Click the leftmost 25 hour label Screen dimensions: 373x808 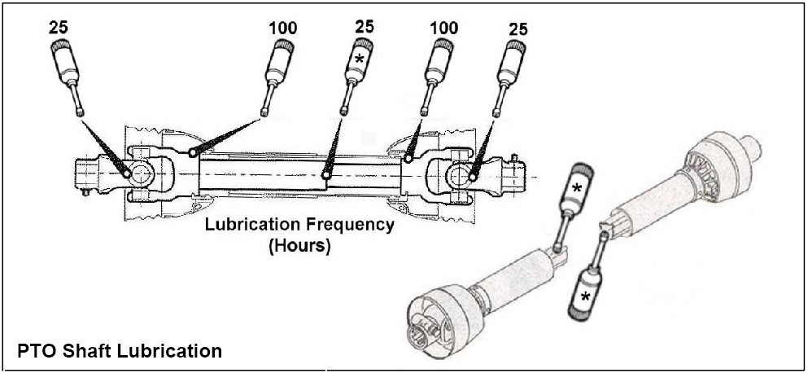tap(59, 25)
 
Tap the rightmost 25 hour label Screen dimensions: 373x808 tap(518, 29)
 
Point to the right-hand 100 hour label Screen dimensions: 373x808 tap(443, 27)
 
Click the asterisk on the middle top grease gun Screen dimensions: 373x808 tap(357, 59)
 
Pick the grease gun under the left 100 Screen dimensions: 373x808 tap(278, 69)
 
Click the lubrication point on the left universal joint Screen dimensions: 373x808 tap(127, 172)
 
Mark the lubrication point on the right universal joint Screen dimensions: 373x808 tap(471, 172)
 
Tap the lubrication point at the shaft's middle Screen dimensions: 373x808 tap(325, 174)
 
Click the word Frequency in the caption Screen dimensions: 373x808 tap(350, 224)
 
